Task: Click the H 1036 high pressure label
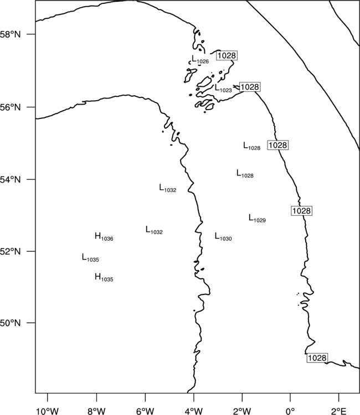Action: coord(104,237)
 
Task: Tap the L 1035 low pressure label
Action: coord(90,257)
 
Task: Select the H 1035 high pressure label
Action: coord(104,277)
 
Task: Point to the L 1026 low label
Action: coord(200,59)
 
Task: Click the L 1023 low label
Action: coord(223,88)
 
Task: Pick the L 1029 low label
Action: coord(257,219)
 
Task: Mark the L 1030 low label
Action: coord(223,237)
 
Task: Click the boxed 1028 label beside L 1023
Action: coord(250,87)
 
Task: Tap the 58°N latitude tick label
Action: coord(11,34)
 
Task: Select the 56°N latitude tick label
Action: coord(11,107)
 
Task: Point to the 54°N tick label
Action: coord(11,179)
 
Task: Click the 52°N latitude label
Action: coord(11,251)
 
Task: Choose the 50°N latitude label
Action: coord(11,323)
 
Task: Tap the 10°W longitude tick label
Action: coord(48,411)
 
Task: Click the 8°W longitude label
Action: coord(96,411)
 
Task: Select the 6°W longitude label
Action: coord(145,411)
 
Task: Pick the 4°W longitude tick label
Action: coord(194,411)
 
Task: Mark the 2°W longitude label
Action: coord(242,411)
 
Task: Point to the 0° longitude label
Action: coord(290,411)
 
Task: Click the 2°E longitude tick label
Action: coord(338,411)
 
